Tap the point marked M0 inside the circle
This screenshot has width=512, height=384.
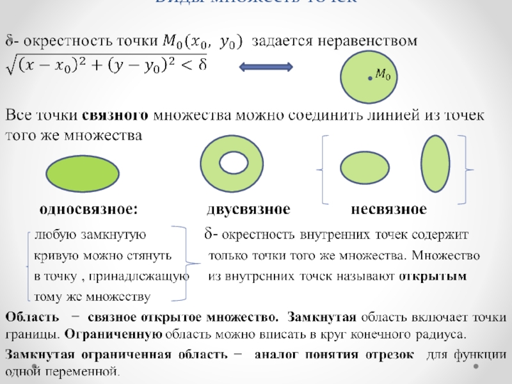[x=370, y=77]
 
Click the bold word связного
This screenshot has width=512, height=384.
[x=116, y=116]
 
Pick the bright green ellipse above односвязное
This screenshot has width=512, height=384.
[x=83, y=173]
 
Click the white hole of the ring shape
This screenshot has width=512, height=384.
[x=232, y=164]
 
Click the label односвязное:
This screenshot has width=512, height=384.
[x=89, y=210]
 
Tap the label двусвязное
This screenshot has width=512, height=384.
[x=248, y=210]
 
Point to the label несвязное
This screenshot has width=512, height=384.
[x=388, y=210]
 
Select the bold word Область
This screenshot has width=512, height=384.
[x=28, y=317]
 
